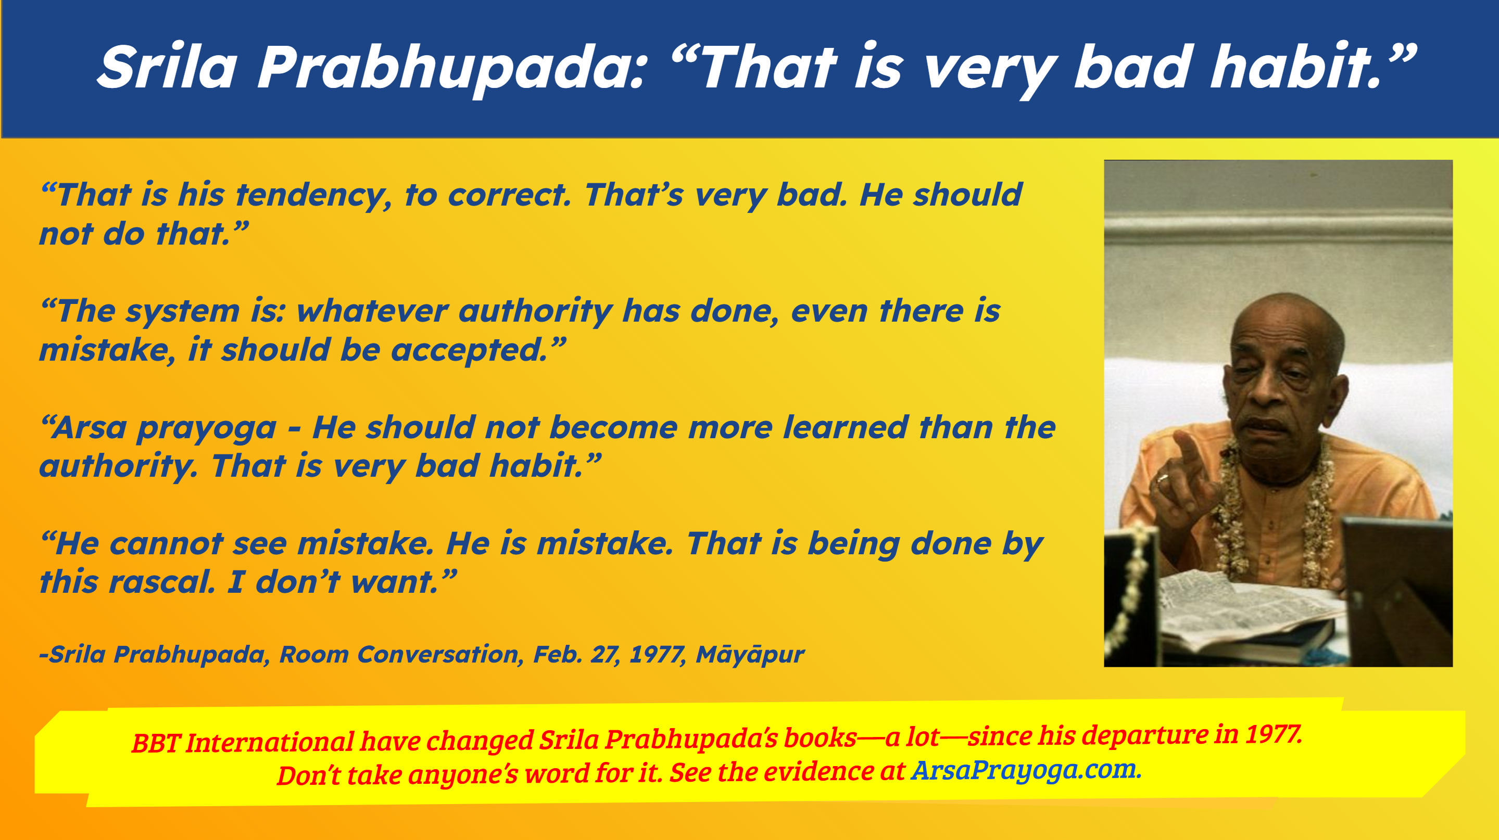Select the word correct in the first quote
click(x=509, y=196)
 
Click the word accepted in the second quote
click(x=469, y=351)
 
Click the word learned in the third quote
click(x=846, y=428)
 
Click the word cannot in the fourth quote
click(x=167, y=544)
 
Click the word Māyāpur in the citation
click(x=750, y=654)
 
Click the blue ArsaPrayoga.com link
click(x=1026, y=770)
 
